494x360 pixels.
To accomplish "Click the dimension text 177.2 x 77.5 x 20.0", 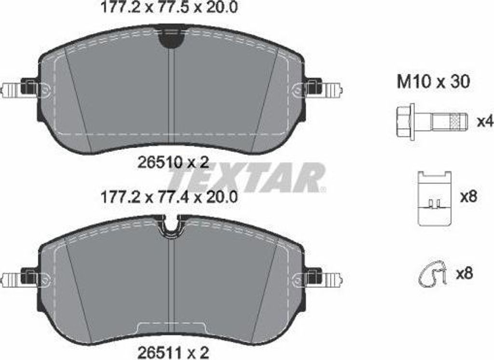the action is [x=168, y=7].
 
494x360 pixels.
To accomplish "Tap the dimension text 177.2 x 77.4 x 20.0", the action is [x=168, y=198].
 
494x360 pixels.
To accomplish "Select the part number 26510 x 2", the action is [x=173, y=163].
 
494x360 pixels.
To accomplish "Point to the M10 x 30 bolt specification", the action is [x=434, y=82].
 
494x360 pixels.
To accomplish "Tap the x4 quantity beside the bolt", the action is [x=484, y=121].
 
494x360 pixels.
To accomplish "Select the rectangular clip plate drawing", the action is [x=435, y=198].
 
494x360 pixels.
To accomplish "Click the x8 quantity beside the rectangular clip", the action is [x=469, y=197].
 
